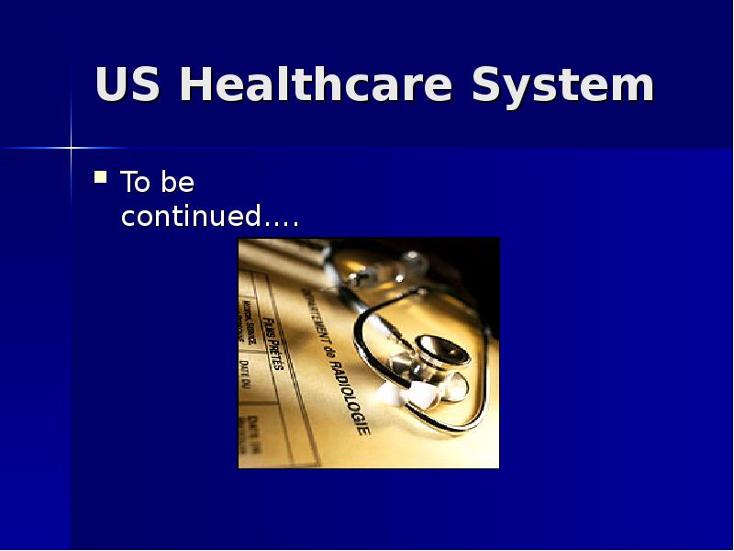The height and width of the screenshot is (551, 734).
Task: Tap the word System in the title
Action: click(x=562, y=85)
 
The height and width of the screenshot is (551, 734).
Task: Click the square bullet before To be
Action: click(x=101, y=175)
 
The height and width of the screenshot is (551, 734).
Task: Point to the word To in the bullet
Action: click(x=136, y=183)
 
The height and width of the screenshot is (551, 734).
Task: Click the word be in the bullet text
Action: click(x=177, y=183)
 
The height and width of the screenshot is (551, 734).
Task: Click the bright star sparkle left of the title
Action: click(x=70, y=147)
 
